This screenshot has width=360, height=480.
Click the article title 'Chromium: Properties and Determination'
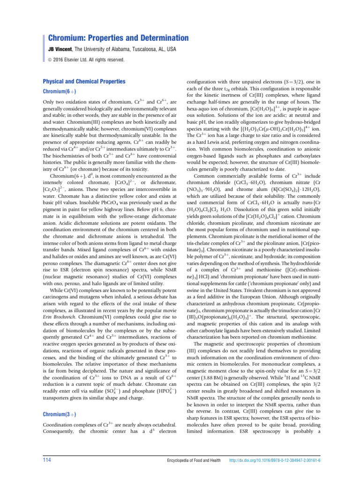click(119, 38)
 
